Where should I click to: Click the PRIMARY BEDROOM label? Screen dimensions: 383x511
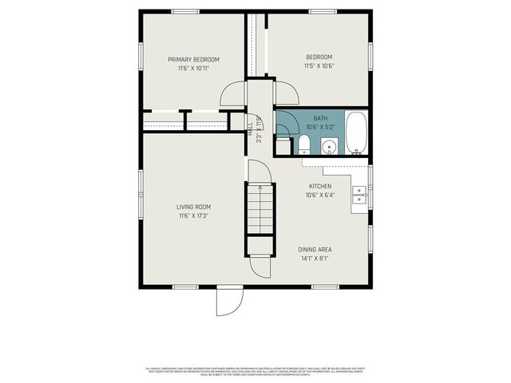192,59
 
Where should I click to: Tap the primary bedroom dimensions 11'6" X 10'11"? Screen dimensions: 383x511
192,68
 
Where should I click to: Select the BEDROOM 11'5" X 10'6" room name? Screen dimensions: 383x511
319,57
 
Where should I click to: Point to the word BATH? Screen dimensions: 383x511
320,118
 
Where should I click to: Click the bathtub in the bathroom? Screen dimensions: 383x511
356,134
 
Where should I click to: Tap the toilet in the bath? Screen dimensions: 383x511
304,144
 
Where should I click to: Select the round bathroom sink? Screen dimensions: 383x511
328,146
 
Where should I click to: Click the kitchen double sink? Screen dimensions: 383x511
359,195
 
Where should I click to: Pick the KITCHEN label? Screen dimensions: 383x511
320,186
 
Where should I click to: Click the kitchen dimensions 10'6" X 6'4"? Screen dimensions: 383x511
320,195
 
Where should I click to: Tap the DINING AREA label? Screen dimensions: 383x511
315,249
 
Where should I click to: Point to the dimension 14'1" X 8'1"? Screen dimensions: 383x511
315,258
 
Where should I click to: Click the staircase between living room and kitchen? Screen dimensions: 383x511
259,207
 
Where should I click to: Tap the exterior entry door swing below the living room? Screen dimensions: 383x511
228,301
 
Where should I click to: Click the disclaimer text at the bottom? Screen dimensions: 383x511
255,371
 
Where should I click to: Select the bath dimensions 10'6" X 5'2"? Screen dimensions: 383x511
320,127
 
